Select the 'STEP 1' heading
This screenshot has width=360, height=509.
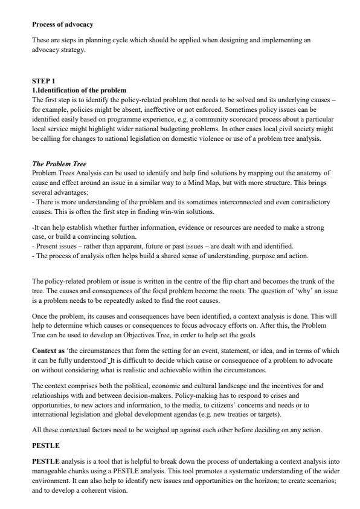[43, 80]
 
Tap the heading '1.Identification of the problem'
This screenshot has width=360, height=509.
[79, 89]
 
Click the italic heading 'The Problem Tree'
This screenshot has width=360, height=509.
[59, 164]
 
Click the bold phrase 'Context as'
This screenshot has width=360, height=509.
[48, 351]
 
